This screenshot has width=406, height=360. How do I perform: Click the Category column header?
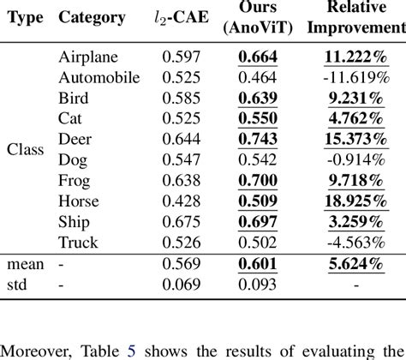coord(92,18)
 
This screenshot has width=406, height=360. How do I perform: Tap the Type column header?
coord(25,18)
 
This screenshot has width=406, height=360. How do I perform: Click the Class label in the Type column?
coord(25,148)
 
